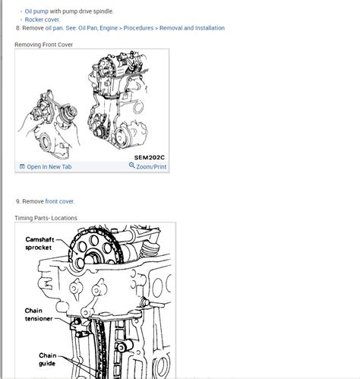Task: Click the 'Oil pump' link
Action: [36, 11]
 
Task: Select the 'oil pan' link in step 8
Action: [55, 28]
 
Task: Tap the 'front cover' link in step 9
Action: [59, 201]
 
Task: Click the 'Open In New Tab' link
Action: [49, 166]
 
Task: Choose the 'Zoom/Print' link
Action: [151, 166]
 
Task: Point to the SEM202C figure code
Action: [150, 157]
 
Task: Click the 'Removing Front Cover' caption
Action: [43, 45]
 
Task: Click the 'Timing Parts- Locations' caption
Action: [46, 218]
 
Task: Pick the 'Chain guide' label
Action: [47, 359]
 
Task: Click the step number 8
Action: [17, 28]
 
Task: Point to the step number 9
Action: [17, 201]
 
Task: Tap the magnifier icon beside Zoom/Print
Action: [132, 166]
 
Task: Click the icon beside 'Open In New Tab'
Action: [21, 166]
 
